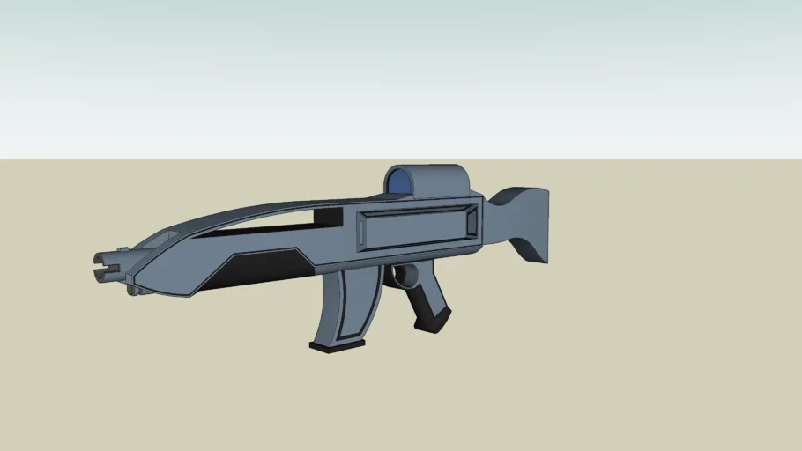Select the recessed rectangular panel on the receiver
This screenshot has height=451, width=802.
point(414,228)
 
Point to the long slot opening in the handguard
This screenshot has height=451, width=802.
point(264,228)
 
